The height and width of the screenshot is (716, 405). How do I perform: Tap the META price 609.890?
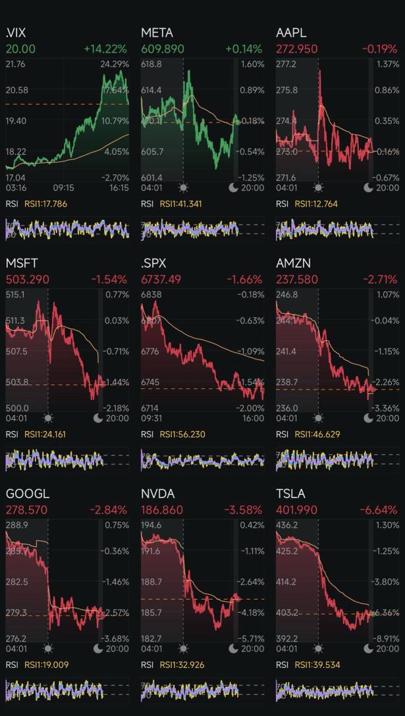click(163, 49)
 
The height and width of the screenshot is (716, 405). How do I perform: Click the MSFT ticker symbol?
click(22, 263)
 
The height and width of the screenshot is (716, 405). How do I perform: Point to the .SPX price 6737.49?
click(161, 280)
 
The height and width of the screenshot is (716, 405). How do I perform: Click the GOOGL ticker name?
click(28, 494)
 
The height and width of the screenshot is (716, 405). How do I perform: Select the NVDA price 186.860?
click(163, 510)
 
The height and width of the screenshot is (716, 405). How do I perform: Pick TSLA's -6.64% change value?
click(379, 510)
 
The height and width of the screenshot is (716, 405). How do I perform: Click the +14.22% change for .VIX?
click(106, 49)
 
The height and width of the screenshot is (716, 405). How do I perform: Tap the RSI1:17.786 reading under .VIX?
click(45, 204)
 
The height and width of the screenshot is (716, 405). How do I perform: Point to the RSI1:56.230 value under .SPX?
click(181, 434)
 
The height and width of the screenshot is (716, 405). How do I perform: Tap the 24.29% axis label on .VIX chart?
click(115, 64)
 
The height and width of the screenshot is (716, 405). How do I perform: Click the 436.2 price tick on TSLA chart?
click(286, 525)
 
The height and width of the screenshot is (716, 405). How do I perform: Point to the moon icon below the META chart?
click(234, 188)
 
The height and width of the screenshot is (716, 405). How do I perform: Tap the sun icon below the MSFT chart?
click(48, 418)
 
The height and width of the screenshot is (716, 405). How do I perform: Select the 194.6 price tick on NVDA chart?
click(151, 525)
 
